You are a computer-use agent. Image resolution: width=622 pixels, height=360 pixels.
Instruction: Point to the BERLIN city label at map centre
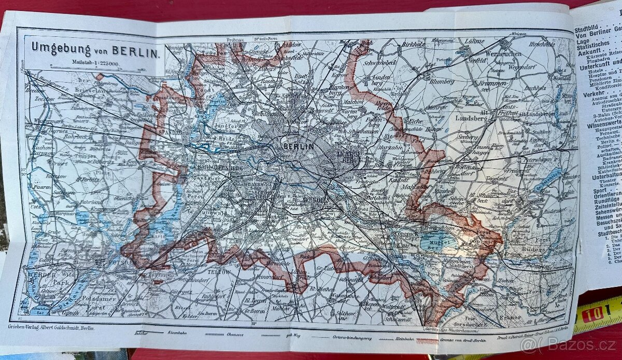pyautogui.click(x=299, y=147)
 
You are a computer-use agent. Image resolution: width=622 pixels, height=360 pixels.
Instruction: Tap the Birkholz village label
pyautogui.click(x=414, y=45)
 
